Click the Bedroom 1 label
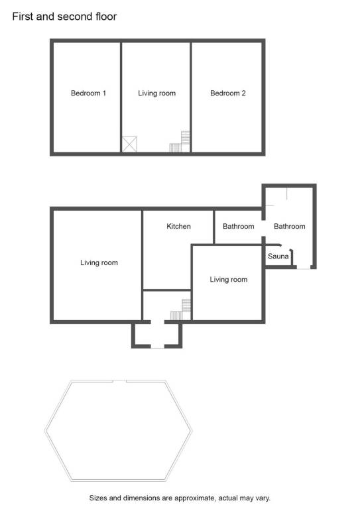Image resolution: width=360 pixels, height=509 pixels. tap(88, 93)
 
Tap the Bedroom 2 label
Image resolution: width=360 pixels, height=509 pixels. tap(228, 93)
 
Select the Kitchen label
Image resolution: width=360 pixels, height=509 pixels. tap(178, 226)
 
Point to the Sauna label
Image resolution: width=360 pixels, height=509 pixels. tap(278, 256)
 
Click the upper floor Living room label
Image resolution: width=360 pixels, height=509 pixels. tap(156, 93)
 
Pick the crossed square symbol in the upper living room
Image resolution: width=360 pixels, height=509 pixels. tap(129, 144)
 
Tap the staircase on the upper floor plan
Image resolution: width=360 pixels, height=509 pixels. tap(180, 142)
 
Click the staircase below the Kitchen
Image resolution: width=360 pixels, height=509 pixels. tap(180, 310)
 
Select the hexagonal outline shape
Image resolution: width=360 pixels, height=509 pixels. tap(44, 431)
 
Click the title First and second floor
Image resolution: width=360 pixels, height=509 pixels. tap(64, 16)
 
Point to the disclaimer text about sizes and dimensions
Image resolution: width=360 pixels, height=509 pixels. tap(180, 498)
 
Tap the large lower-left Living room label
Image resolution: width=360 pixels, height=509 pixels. tap(99, 262)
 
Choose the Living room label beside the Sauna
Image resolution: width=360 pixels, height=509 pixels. tap(229, 280)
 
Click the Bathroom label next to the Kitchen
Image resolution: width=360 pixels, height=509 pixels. tap(239, 226)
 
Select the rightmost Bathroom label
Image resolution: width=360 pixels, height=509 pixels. tap(290, 226)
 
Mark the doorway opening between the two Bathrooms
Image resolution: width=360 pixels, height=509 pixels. tap(264, 228)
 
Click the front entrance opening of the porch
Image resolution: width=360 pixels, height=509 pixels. tap(157, 347)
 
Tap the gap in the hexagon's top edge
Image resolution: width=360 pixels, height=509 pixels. tap(119, 381)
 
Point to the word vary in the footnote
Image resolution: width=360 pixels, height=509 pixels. tap(263, 498)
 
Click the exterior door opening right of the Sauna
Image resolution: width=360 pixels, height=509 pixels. tap(304, 267)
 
